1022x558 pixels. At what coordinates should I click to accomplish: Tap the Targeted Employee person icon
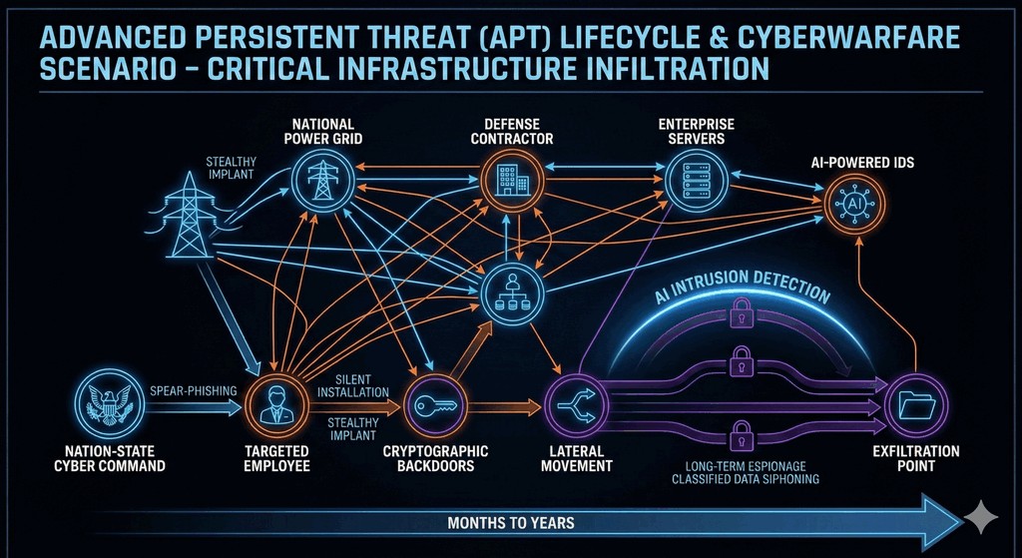(272, 405)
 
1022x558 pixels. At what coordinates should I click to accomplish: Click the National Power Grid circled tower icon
(321, 181)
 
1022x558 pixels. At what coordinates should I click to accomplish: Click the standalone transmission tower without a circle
(189, 216)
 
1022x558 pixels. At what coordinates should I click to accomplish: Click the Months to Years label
(511, 522)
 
